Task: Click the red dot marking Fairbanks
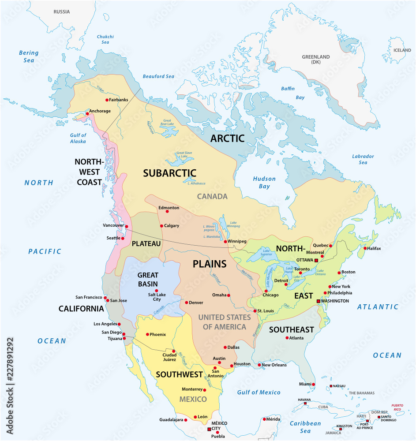pyautogui.click(x=106, y=100)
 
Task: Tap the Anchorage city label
pyautogui.click(x=100, y=111)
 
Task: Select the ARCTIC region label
pyautogui.click(x=227, y=138)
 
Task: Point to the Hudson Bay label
pyautogui.click(x=264, y=183)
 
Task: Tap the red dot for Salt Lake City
pyautogui.click(x=157, y=291)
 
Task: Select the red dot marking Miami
pyautogui.click(x=314, y=384)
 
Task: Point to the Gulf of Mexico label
pyautogui.click(x=259, y=392)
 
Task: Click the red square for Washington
pyautogui.click(x=319, y=301)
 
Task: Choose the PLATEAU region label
pyautogui.click(x=146, y=243)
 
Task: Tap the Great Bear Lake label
pyautogui.click(x=168, y=122)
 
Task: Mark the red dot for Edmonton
pyautogui.click(x=167, y=211)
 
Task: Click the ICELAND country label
pyautogui.click(x=402, y=50)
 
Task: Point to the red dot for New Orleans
pyautogui.click(x=259, y=365)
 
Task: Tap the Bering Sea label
pyautogui.click(x=29, y=56)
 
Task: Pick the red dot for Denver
pyautogui.click(x=186, y=303)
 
